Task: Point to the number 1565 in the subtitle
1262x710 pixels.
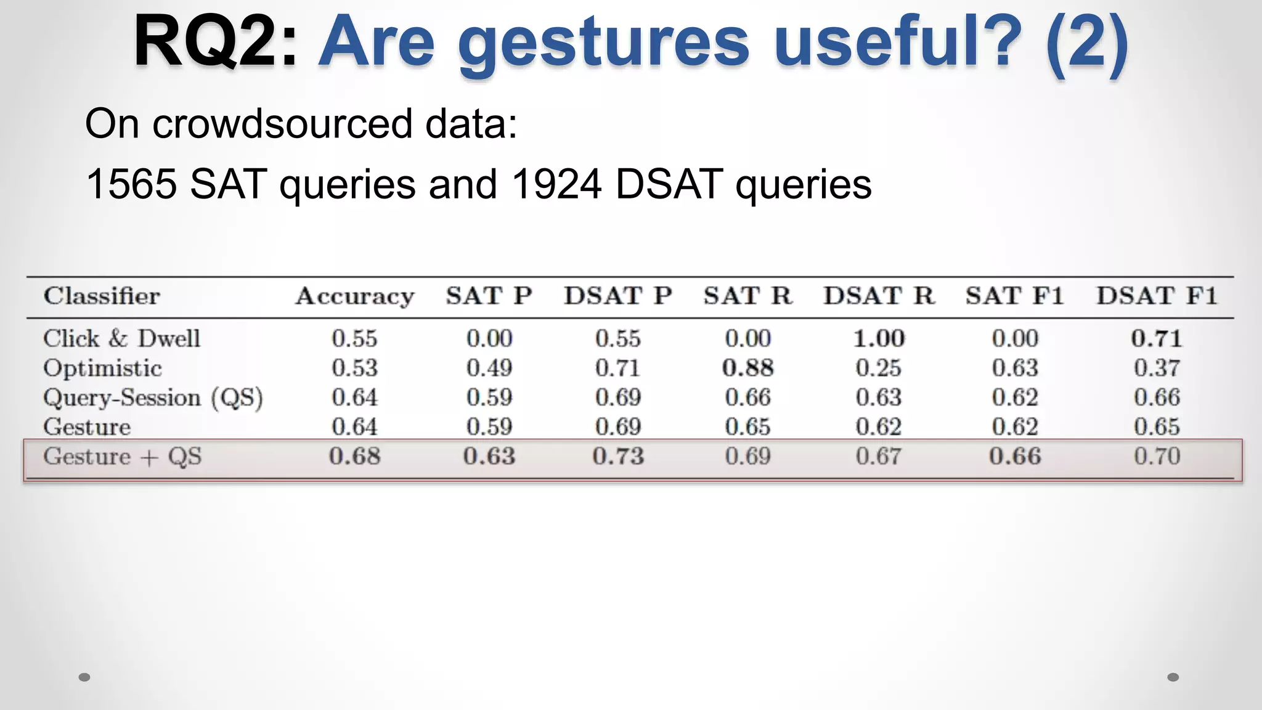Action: pyautogui.click(x=131, y=184)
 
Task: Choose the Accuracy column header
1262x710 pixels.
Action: pyautogui.click(x=354, y=296)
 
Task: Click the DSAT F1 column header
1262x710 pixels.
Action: pyautogui.click(x=1157, y=296)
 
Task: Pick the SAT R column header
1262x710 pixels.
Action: pyautogui.click(x=747, y=296)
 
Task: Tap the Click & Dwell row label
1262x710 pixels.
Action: pyautogui.click(x=121, y=338)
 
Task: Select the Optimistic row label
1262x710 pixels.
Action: pyautogui.click(x=102, y=368)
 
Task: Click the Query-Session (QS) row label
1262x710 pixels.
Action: pyautogui.click(x=153, y=398)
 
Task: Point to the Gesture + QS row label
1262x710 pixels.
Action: pyautogui.click(x=122, y=457)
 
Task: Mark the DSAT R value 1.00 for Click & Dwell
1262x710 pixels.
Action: pyautogui.click(x=878, y=338)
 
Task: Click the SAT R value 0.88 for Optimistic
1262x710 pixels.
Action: pyautogui.click(x=747, y=368)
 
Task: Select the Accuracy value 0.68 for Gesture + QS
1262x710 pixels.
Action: pyautogui.click(x=354, y=457)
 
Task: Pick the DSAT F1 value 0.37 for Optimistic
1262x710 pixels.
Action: pyautogui.click(x=1157, y=368)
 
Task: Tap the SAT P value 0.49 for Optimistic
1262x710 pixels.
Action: pyautogui.click(x=489, y=368)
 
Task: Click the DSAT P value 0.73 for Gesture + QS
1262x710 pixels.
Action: pyautogui.click(x=618, y=457)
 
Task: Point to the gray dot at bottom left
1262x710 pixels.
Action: pyautogui.click(x=84, y=677)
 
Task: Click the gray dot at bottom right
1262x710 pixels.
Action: pyautogui.click(x=1173, y=677)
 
